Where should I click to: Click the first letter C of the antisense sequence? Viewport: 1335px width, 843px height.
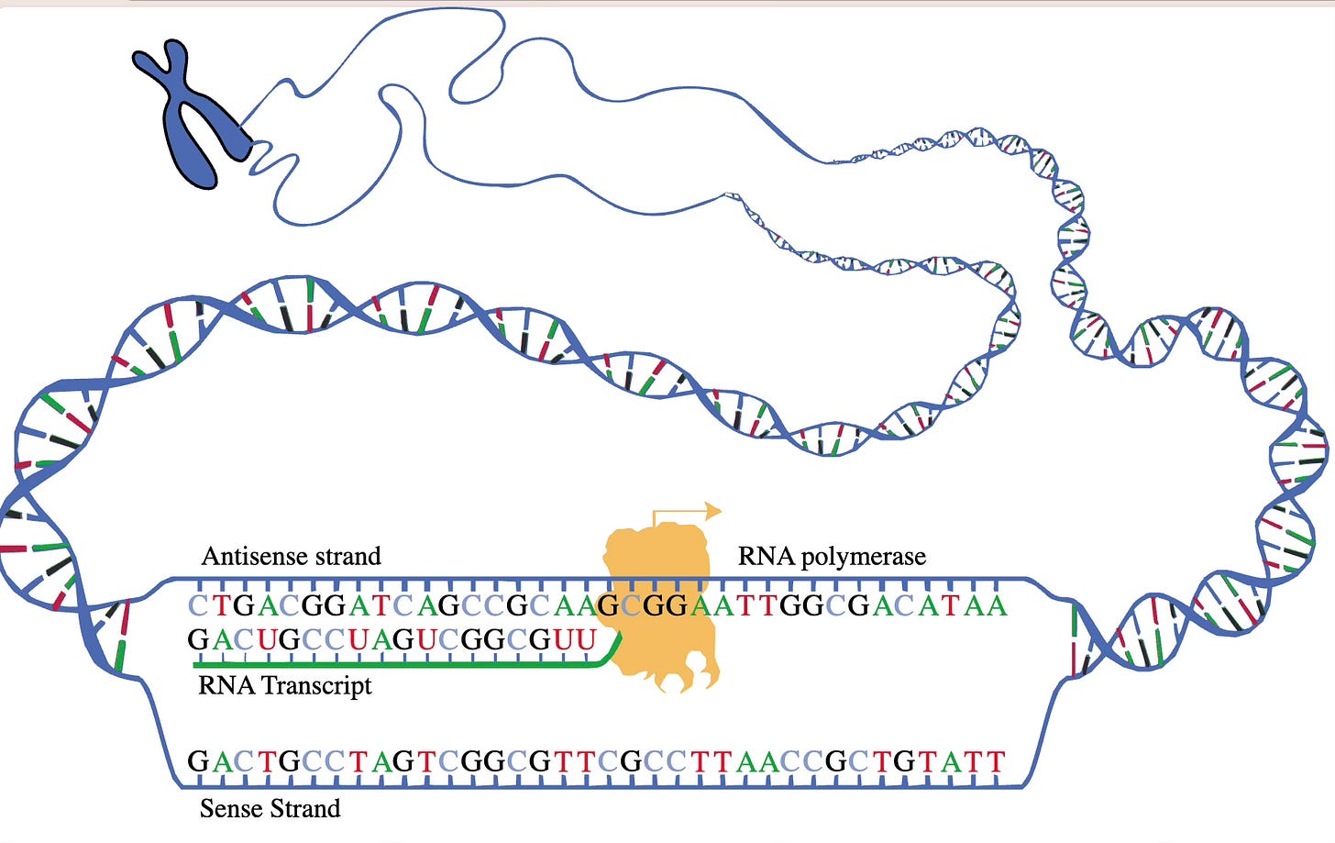(x=198, y=606)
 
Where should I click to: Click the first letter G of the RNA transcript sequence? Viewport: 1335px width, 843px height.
(x=198, y=639)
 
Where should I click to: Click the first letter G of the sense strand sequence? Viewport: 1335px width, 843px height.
(x=198, y=762)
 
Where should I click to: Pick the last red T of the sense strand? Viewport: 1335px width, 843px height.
(x=995, y=762)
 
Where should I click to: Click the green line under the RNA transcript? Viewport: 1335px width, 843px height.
(x=394, y=663)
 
